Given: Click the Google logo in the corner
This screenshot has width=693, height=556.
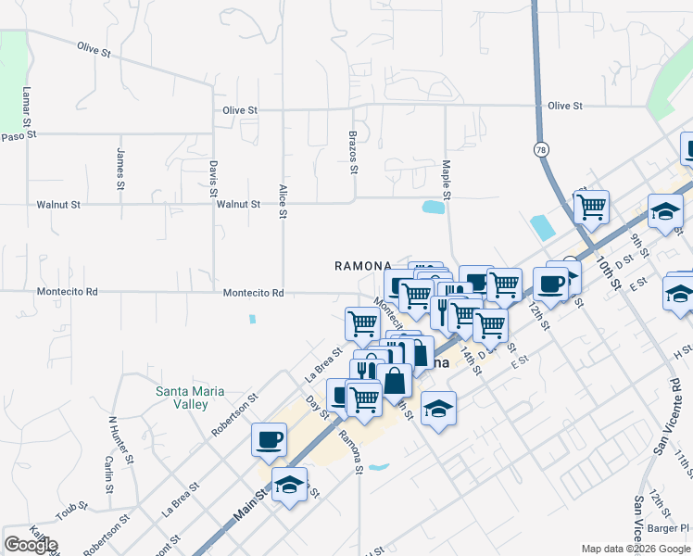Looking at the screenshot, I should [31, 545].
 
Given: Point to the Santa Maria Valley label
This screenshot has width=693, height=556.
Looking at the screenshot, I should [189, 398].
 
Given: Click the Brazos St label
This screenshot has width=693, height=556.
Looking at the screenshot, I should [353, 152].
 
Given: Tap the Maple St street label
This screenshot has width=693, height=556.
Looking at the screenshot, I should [446, 179].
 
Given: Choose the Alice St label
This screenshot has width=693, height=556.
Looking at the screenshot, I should [283, 201].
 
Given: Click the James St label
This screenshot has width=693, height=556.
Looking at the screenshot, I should [120, 169].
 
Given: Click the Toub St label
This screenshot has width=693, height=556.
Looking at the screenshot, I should [70, 511].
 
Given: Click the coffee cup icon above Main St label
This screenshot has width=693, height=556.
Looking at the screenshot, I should [269, 438].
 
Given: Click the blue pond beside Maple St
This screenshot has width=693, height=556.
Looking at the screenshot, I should [432, 208].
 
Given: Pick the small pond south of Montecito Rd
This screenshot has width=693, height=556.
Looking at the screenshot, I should [253, 320].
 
